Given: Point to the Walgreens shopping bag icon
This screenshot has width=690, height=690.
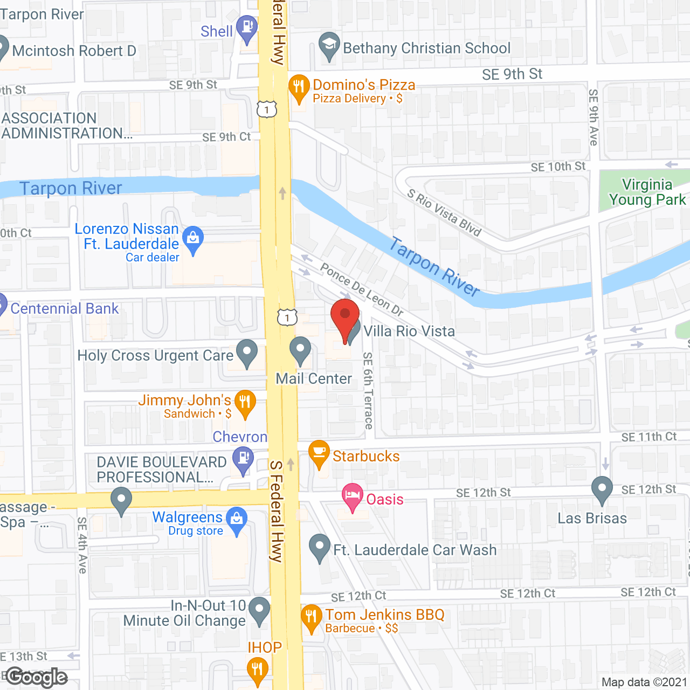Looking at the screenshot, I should pyautogui.click(x=236, y=519).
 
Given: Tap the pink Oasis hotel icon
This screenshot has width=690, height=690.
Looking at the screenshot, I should pyautogui.click(x=353, y=496).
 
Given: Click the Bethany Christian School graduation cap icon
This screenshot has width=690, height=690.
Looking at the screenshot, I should pyautogui.click(x=328, y=45).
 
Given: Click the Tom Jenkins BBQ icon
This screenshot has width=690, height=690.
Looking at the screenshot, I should pyautogui.click(x=311, y=617).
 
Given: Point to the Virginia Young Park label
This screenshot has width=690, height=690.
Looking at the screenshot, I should pyautogui.click(x=647, y=192).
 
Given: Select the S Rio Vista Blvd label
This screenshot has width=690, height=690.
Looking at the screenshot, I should pyautogui.click(x=444, y=212).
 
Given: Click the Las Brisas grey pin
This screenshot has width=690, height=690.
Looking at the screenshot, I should pyautogui.click(x=602, y=489).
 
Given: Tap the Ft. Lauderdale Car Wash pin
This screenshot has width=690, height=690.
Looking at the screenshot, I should pyautogui.click(x=320, y=547).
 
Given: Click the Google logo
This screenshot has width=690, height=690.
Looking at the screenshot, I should pyautogui.click(x=37, y=677).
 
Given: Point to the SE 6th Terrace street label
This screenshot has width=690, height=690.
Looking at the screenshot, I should pyautogui.click(x=368, y=390).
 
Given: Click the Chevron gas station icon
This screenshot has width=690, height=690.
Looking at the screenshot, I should pyautogui.click(x=243, y=460).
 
